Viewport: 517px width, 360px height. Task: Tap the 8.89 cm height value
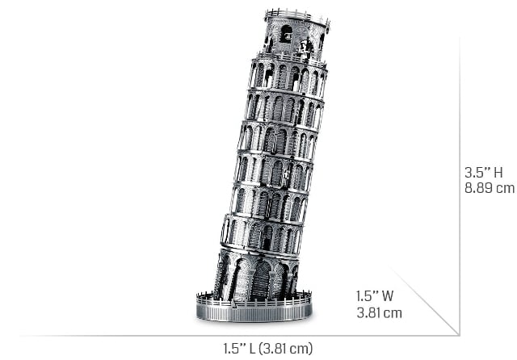(490, 188)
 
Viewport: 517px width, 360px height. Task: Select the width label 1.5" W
(375, 295)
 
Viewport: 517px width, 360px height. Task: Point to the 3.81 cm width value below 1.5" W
(379, 312)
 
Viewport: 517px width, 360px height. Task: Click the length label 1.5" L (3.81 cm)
(267, 349)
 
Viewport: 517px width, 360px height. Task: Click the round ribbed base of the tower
(254, 312)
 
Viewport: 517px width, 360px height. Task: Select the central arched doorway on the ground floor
(261, 281)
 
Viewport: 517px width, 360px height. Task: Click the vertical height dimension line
(460, 186)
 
